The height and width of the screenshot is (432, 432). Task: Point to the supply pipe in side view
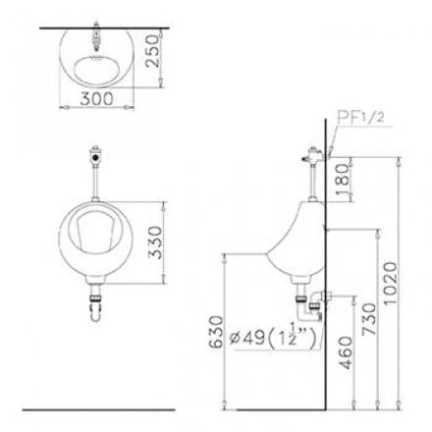click(306, 187)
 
